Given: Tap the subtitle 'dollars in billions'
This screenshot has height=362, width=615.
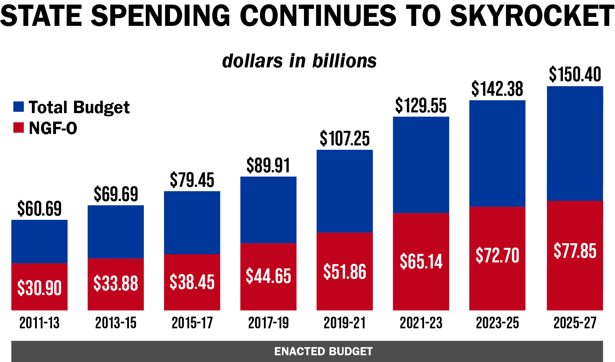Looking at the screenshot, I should (x=299, y=61).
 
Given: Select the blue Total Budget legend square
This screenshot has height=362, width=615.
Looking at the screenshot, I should (x=18, y=107).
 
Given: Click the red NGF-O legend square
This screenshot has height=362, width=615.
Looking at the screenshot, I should (x=18, y=128).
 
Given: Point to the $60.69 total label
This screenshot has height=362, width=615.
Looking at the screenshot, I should (x=39, y=208).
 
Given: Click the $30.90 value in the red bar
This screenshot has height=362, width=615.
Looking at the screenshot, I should (x=39, y=288).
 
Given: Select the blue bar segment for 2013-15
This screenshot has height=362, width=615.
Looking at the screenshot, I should (x=115, y=232).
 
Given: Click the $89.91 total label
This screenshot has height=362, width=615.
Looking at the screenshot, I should (x=268, y=166).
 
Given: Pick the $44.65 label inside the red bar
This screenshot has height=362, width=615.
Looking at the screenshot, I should (x=268, y=276).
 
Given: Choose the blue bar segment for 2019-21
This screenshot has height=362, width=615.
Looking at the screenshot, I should (x=344, y=191).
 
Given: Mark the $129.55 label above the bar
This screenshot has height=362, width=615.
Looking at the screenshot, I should (x=421, y=106).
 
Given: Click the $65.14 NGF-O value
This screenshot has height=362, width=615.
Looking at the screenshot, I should (x=421, y=262).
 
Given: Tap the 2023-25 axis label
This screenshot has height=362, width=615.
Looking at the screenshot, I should (x=497, y=323).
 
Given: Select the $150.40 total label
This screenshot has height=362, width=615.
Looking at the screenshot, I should (x=575, y=74).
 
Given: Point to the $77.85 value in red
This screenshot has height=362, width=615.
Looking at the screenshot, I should (x=575, y=251).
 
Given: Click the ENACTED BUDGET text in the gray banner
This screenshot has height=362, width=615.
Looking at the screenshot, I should (x=323, y=351).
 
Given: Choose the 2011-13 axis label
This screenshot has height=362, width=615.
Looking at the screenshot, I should (x=39, y=323).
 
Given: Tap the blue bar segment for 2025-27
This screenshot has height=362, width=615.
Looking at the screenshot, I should (x=575, y=143).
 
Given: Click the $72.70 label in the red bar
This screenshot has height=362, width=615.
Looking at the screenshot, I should (x=497, y=256).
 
